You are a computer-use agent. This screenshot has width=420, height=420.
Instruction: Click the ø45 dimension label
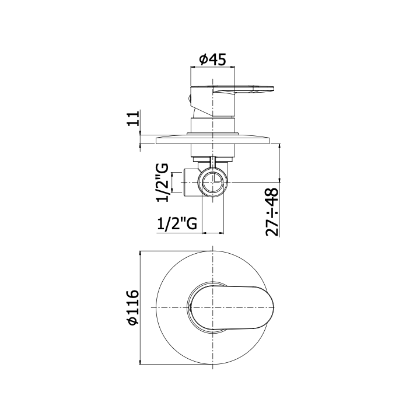coord(213,59)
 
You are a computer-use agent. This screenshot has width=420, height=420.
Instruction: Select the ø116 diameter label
coord(133,307)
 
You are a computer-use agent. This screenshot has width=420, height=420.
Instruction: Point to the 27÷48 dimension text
coord(272,212)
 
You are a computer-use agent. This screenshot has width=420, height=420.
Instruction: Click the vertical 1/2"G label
coord(163,182)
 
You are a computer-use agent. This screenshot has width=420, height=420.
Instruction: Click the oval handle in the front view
coord(232,307)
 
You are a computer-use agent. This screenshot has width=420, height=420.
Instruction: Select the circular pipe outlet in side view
coord(213,182)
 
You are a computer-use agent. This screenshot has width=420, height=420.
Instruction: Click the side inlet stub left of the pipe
coord(191,183)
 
